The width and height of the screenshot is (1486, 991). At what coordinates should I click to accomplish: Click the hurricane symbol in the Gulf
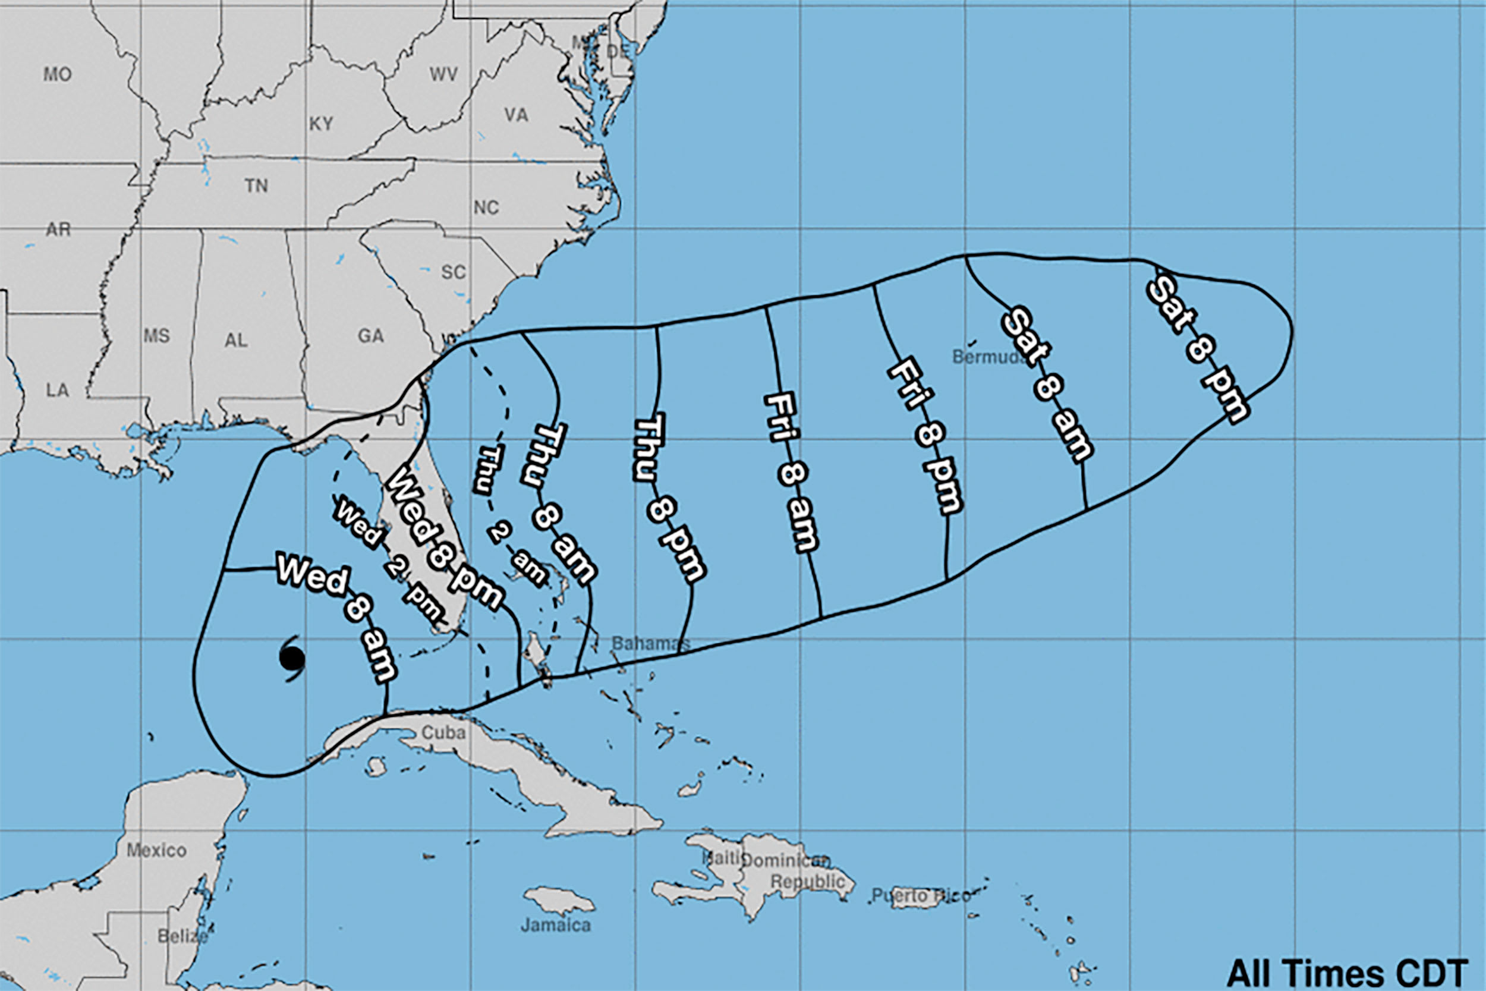tap(292, 659)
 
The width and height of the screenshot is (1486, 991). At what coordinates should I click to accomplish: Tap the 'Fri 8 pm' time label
tap(925, 436)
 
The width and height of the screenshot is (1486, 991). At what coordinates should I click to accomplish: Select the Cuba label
tap(443, 732)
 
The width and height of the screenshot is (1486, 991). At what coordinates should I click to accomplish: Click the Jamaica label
tap(556, 925)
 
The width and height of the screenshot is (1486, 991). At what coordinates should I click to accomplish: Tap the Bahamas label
tap(650, 643)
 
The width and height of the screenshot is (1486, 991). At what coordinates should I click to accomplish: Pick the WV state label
tap(443, 74)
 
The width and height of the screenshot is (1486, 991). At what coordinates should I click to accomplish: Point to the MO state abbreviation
tap(57, 74)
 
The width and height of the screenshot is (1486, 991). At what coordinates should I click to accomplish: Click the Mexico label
tap(156, 850)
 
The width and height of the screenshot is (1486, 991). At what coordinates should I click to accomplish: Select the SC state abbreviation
tap(453, 272)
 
